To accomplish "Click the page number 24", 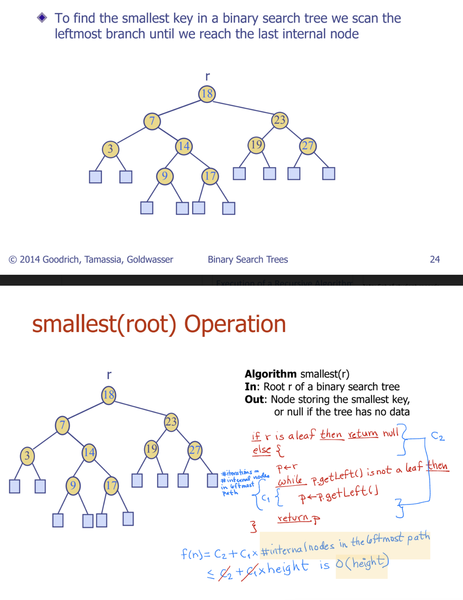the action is pos(435,259).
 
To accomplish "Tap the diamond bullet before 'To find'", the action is pos(42,17).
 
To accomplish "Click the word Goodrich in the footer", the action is pos(61,259).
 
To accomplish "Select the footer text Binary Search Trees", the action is pos(247,259).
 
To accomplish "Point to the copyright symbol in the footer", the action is pos(12,260).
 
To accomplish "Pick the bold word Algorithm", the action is pos(270,374).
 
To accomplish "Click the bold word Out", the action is pos(255,399).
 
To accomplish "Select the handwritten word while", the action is pos(290,481).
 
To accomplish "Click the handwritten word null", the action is pos(390,433).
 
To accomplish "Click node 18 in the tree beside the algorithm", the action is pos(109,395).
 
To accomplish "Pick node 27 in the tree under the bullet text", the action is pos(308,146).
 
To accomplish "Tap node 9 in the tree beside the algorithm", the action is pos(73,485).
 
